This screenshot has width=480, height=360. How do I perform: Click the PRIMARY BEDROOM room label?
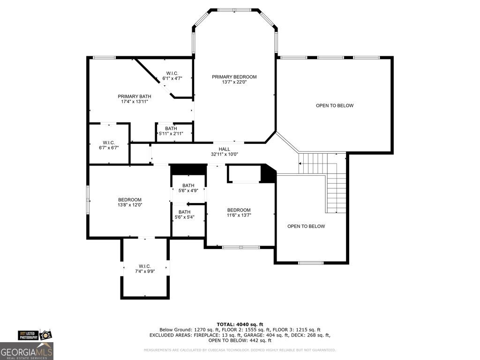click(234, 77)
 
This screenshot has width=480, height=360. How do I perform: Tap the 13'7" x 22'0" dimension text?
click(234, 82)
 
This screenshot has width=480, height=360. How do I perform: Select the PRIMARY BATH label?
click(135, 96)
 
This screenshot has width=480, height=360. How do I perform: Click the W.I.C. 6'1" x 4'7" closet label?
click(172, 76)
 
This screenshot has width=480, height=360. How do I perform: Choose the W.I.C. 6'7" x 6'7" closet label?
click(109, 145)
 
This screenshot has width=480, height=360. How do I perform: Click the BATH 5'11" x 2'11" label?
click(171, 131)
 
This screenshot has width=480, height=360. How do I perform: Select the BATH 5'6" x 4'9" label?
click(188, 188)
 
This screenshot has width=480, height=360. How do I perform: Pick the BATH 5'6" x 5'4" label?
click(184, 215)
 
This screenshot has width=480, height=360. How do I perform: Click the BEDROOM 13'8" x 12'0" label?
click(129, 202)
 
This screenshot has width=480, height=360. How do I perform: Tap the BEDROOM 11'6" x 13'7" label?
click(239, 212)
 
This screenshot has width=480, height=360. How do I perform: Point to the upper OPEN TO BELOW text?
click(334, 105)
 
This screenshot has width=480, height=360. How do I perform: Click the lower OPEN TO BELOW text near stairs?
click(306, 226)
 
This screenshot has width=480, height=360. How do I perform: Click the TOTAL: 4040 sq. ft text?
click(240, 324)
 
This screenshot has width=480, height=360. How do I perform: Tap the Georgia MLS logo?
click(27, 351)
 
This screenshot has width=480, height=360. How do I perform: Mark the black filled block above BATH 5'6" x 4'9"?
click(188, 169)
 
